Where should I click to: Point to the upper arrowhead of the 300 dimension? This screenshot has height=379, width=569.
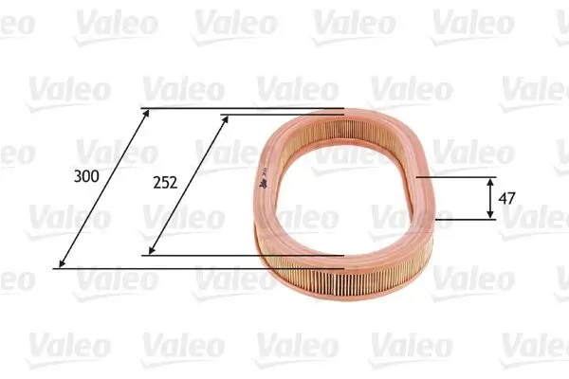(x=145, y=112)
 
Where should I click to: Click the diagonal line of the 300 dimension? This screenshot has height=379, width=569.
(x=104, y=188)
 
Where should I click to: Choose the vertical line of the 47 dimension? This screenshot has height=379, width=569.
(x=490, y=198)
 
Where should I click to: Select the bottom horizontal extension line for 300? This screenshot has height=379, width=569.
(x=190, y=268)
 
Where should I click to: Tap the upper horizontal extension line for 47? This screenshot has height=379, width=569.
(x=455, y=176)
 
